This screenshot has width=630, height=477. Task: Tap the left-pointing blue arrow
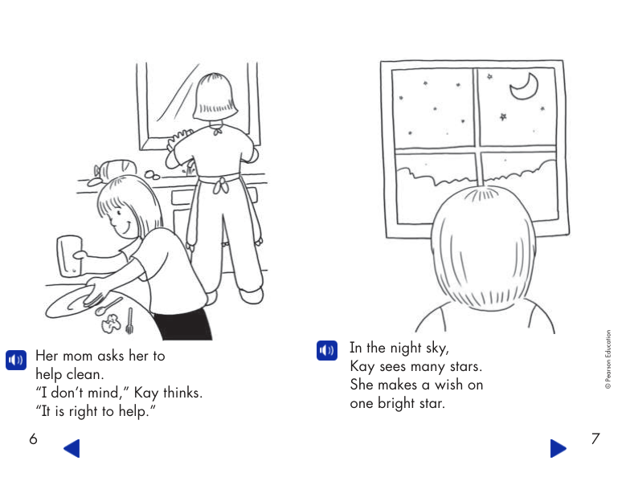[x=72, y=448]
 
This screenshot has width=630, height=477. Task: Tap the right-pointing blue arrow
[x=558, y=448]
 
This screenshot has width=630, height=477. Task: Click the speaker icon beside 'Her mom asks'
[x=16, y=359]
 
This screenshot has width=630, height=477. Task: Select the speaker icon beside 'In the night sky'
[x=326, y=350]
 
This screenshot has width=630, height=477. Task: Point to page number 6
[x=33, y=439]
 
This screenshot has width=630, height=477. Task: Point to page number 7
[x=595, y=439]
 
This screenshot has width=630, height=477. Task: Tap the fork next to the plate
[x=129, y=320]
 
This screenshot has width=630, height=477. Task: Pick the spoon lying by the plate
[x=108, y=307]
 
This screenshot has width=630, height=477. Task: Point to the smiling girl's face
[x=121, y=217]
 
